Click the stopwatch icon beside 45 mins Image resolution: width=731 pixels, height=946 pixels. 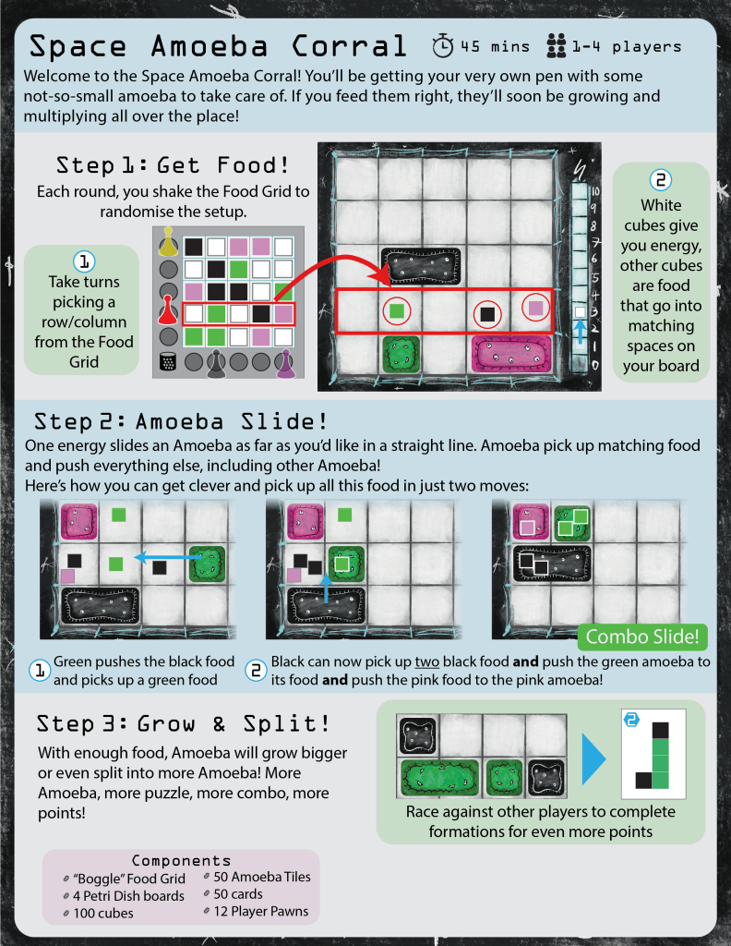click(442, 46)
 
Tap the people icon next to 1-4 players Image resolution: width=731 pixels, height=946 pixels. click(556, 46)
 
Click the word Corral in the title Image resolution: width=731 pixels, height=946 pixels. click(350, 46)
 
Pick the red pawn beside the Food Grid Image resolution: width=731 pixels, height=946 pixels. click(168, 310)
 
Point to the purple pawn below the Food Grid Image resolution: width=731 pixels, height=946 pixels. click(284, 364)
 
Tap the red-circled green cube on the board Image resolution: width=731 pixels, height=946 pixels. click(397, 311)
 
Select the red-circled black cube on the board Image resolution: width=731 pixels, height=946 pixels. click(487, 314)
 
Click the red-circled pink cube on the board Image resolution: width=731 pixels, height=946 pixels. click(535, 309)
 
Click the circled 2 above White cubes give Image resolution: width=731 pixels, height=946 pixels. click(661, 180)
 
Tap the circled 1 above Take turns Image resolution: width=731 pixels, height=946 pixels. click(84, 261)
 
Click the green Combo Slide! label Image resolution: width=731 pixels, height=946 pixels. click(642, 637)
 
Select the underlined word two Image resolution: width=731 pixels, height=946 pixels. click(426, 661)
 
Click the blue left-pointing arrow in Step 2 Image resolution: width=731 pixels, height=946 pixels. click(168, 557)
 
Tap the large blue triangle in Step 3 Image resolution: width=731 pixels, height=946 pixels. click(593, 758)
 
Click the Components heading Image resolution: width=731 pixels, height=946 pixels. click(182, 860)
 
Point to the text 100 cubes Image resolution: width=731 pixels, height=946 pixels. click(103, 913)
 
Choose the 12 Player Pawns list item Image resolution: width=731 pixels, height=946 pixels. click(261, 911)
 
